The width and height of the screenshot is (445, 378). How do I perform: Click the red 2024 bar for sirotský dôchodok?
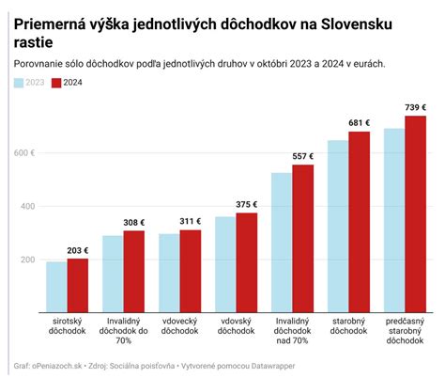point(77,286)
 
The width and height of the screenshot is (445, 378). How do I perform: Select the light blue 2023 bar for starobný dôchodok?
point(338,227)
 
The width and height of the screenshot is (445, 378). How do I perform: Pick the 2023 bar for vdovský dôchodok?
point(225,265)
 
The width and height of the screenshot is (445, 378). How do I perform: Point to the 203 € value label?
point(77,250)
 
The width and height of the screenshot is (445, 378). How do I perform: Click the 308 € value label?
point(133,222)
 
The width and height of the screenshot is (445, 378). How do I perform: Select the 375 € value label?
point(246,204)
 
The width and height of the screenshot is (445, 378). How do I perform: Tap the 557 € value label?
point(302,156)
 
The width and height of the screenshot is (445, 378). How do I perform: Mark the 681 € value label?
point(359,123)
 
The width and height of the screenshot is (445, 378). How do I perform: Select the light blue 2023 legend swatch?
point(20,84)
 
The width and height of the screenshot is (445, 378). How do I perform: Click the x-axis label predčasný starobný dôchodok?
point(406,332)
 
